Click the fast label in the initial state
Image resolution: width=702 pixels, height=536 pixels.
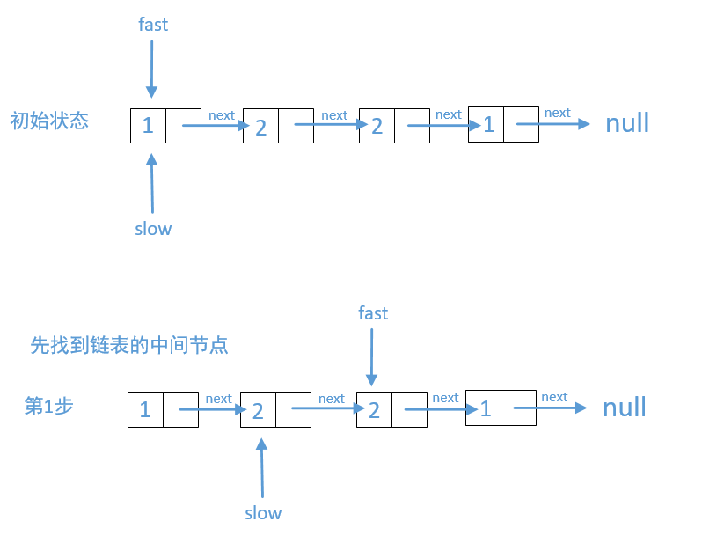click(x=153, y=25)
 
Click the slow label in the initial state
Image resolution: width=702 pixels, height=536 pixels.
click(x=153, y=229)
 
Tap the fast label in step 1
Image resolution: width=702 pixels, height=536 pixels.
click(x=373, y=313)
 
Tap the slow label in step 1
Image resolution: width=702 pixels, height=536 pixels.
click(x=263, y=513)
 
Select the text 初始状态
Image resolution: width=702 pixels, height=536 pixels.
click(x=49, y=121)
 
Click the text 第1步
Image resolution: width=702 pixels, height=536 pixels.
click(x=49, y=406)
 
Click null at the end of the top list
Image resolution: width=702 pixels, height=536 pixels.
click(x=627, y=123)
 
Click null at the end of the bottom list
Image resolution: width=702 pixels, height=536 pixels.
click(x=625, y=408)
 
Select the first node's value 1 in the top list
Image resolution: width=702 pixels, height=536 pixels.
click(x=148, y=126)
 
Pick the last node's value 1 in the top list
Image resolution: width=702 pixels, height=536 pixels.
click(x=488, y=125)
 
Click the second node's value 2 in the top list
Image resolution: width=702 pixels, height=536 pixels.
click(x=260, y=127)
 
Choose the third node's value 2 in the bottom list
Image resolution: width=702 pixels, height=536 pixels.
click(x=374, y=410)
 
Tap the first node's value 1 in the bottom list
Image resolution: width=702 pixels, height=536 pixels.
click(x=145, y=410)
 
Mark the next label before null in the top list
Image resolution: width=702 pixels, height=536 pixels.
click(x=557, y=113)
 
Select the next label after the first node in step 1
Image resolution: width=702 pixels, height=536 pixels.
click(x=218, y=399)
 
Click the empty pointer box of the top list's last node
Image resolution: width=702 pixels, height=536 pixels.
click(x=522, y=124)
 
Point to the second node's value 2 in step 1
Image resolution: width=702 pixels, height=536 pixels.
click(x=258, y=411)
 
